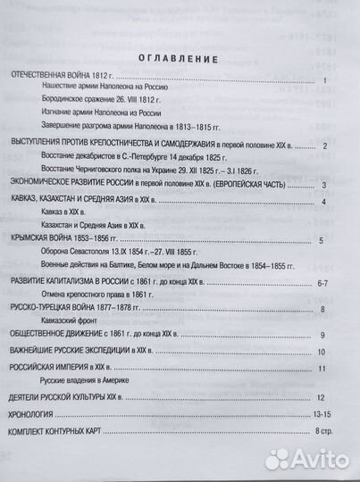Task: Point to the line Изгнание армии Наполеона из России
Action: click(97, 115)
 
